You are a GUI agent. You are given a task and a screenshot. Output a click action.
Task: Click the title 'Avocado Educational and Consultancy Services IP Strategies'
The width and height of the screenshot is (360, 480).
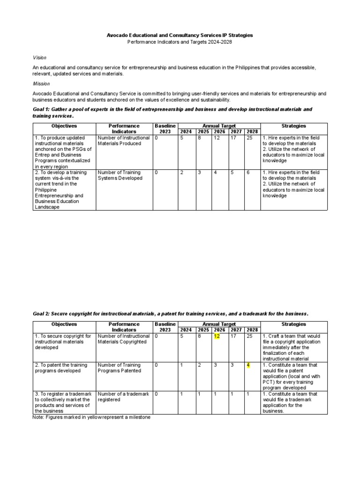[x=180, y=35]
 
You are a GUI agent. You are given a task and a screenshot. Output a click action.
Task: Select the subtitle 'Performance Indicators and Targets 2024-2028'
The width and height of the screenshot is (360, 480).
[x=180, y=42]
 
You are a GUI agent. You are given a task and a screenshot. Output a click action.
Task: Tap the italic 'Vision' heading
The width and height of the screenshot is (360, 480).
[x=39, y=58]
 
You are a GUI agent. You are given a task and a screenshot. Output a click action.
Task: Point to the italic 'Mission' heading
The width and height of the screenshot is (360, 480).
[x=41, y=83]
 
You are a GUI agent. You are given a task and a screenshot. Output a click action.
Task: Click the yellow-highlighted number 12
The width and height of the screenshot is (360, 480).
[x=217, y=336]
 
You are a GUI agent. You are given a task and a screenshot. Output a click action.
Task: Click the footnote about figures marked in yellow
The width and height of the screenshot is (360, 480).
[x=91, y=417]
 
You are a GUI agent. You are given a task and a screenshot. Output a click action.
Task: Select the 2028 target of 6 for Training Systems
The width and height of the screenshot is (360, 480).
[x=248, y=172]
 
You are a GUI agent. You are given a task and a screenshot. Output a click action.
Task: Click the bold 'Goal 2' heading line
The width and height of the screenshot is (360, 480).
[x=171, y=313]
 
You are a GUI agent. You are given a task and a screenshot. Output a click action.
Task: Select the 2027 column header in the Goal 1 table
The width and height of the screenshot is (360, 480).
[x=236, y=132]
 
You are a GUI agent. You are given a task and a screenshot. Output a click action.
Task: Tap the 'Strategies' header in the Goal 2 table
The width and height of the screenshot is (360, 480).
[x=293, y=324]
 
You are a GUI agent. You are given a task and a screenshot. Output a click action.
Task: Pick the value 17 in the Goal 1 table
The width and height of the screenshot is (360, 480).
[x=233, y=138]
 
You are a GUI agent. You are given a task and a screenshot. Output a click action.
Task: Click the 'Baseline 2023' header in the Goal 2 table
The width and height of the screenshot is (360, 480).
[x=165, y=327]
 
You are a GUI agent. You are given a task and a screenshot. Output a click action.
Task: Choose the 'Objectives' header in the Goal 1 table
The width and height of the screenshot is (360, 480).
[x=64, y=126]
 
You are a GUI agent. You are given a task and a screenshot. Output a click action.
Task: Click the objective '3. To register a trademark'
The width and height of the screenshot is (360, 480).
[x=63, y=403]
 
